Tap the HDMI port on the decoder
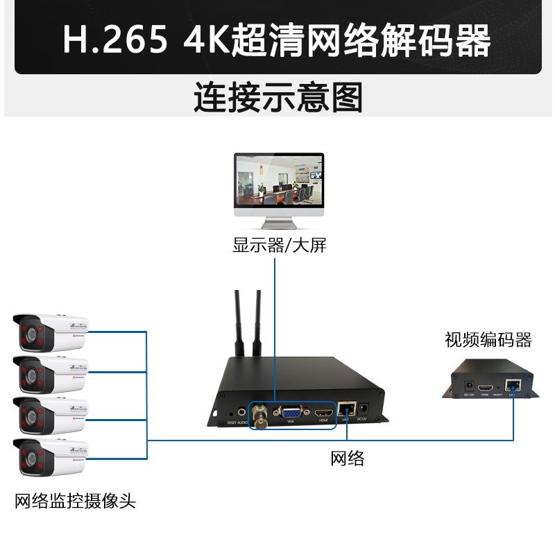pos(323,411)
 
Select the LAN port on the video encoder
pos(512,384)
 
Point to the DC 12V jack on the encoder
pos(468,383)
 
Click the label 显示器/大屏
pos(279,245)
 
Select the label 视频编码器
pos(488,340)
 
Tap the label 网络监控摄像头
pos(75,501)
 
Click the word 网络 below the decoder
pos(347,458)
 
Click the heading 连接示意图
pos(277,98)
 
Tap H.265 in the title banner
pos(115,40)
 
